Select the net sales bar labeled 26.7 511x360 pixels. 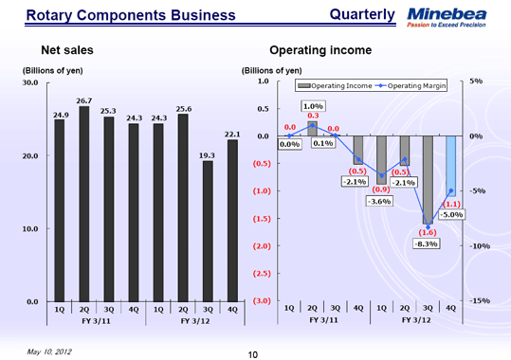tap(83, 203)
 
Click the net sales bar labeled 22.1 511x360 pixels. tap(232, 220)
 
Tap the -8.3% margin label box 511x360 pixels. tap(427, 243)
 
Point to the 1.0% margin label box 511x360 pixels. tap(312, 106)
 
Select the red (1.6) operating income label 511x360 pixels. tap(427, 231)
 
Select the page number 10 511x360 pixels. tap(253, 353)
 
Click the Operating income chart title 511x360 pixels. tap(320, 49)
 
